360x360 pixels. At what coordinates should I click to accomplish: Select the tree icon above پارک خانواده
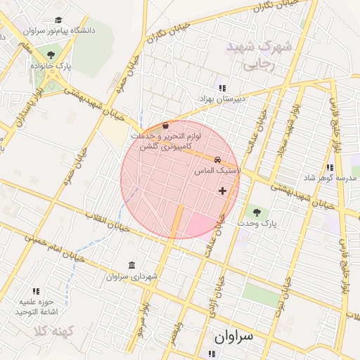tap(51, 54)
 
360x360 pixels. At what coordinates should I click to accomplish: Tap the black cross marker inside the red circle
tap(223, 191)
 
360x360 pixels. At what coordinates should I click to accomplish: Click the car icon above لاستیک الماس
tap(218, 160)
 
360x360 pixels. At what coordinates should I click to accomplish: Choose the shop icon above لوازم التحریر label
tap(165, 125)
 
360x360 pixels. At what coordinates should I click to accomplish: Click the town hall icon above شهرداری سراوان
tap(131, 265)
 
